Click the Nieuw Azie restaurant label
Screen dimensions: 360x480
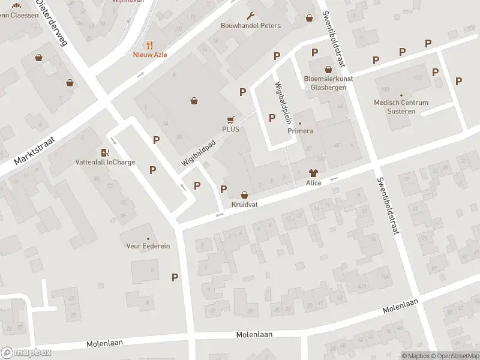(x=150, y=55)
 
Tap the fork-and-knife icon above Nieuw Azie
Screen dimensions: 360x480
(x=150, y=44)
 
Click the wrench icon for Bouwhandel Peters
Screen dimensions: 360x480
(x=250, y=16)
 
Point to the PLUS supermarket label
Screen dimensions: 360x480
(x=230, y=129)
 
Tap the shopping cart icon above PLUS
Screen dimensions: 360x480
(x=230, y=120)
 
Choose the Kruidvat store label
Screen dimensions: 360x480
(x=244, y=205)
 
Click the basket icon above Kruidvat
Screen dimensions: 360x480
(x=244, y=195)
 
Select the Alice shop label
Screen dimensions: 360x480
(x=313, y=182)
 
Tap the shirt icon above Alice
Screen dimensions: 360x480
(x=313, y=173)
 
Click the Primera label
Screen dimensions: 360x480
(x=300, y=131)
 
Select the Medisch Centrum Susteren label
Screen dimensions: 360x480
(x=401, y=106)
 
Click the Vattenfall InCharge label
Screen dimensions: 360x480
(x=105, y=162)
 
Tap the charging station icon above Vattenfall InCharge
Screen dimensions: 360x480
(x=105, y=152)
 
